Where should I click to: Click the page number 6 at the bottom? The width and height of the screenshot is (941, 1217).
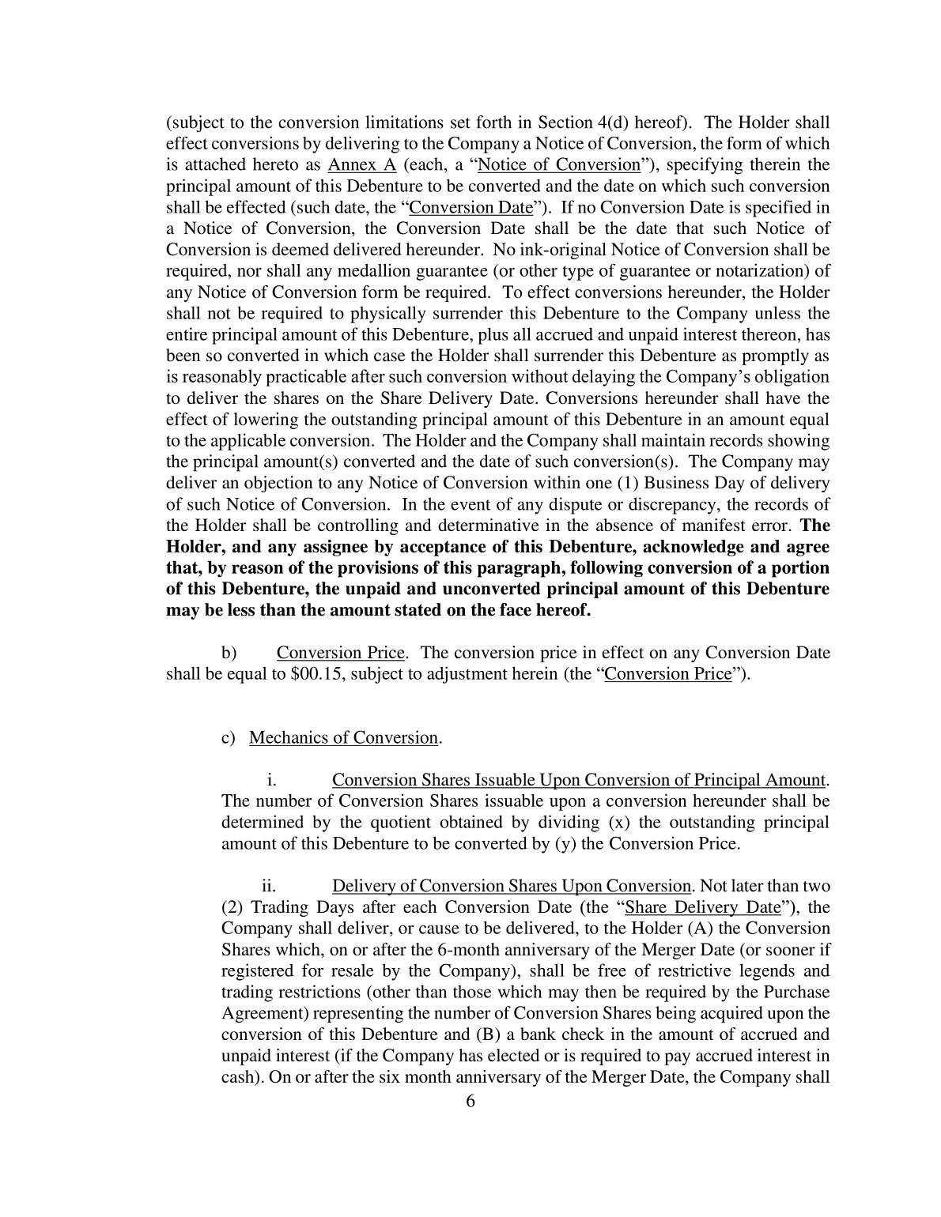pyautogui.click(x=470, y=1102)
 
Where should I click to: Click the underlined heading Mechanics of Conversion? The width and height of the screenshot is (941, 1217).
pyautogui.click(x=343, y=738)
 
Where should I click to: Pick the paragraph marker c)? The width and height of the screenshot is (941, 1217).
pyautogui.click(x=229, y=738)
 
